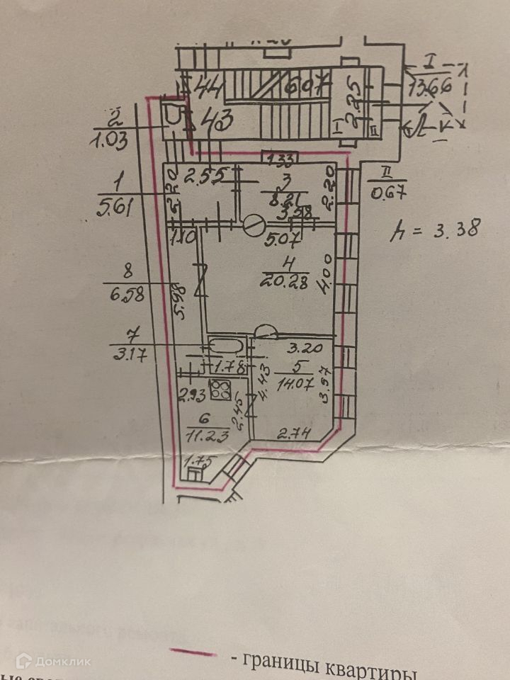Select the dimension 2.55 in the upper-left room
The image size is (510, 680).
coord(205,174)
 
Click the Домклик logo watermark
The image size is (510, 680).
coord(53,662)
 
